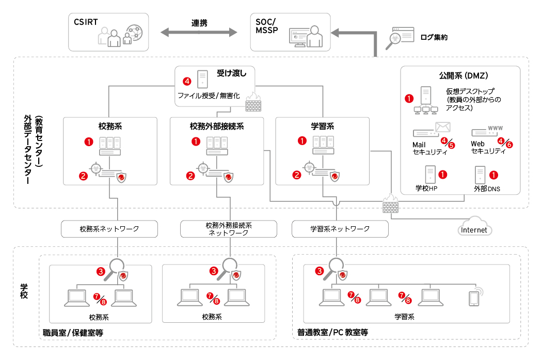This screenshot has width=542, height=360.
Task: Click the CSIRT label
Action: click(x=86, y=22)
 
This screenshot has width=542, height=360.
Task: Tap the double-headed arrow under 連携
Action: click(x=199, y=33)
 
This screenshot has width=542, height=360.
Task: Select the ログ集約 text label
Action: click(x=434, y=37)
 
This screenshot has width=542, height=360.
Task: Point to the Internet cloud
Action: click(x=474, y=229)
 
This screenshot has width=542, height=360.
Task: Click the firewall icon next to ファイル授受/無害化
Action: click(x=253, y=102)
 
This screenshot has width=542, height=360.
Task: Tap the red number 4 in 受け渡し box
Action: click(x=187, y=81)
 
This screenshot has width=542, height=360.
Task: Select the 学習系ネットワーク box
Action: click(x=340, y=228)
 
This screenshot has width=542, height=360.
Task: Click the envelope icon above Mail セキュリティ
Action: click(x=442, y=127)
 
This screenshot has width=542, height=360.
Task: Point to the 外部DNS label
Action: click(x=487, y=189)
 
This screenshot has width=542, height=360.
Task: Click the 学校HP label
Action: click(x=426, y=189)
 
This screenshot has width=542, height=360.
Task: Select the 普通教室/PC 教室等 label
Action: click(x=332, y=333)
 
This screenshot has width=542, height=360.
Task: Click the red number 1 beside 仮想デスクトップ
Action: click(x=409, y=97)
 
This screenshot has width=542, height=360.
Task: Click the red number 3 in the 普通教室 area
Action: click(x=320, y=270)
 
